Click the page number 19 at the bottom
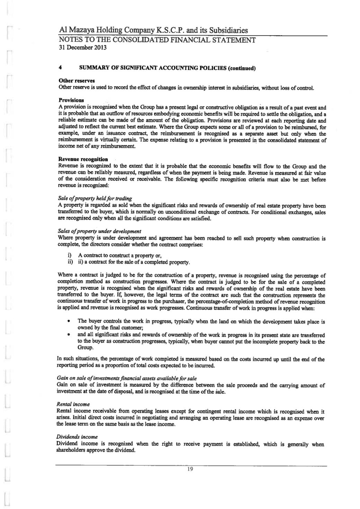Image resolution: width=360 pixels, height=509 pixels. [x=190, y=469]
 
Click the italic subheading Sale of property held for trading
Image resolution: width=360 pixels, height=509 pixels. [x=94, y=198]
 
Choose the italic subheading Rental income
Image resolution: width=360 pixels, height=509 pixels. [x=73, y=404]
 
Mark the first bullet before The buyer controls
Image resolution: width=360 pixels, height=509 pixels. [x=69, y=321]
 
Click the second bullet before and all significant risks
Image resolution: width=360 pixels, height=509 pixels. [x=69, y=335]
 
